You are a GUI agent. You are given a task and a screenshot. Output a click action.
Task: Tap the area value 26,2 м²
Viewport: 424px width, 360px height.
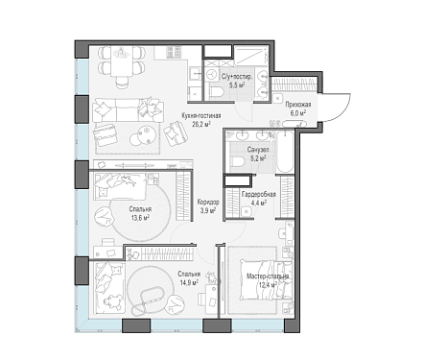200,124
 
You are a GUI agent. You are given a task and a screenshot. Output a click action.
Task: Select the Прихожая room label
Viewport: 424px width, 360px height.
298,105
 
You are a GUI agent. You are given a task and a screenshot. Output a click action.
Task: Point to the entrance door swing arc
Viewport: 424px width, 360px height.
342,108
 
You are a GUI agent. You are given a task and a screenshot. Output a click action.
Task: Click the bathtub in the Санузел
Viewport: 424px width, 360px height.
285,152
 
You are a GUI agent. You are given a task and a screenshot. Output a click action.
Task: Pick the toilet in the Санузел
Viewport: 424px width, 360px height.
237,161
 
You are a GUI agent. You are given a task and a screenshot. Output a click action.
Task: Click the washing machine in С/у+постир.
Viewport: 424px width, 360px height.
211,74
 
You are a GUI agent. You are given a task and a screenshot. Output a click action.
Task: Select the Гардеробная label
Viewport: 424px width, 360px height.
259,194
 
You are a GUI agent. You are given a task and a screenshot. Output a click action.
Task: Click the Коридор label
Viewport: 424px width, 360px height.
208,202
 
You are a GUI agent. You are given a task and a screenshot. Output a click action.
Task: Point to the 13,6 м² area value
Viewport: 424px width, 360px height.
140,218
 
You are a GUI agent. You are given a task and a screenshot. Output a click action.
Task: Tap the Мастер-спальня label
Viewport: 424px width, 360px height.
268,276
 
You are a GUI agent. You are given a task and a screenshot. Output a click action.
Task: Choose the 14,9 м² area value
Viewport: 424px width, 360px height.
189,282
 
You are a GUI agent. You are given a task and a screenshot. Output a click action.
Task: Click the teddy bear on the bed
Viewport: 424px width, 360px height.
113,300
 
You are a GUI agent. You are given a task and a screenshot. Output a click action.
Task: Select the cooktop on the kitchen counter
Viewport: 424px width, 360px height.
175,52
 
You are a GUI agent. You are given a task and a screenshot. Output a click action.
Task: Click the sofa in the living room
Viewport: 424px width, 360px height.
128,110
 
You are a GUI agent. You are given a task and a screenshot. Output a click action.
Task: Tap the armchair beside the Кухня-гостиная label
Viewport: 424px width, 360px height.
175,132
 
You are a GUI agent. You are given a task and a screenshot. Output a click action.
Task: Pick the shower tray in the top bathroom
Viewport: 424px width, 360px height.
252,55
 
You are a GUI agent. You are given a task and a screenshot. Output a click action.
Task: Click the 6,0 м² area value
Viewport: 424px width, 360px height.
298,112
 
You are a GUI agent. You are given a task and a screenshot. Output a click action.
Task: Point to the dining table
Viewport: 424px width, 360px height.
122,61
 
